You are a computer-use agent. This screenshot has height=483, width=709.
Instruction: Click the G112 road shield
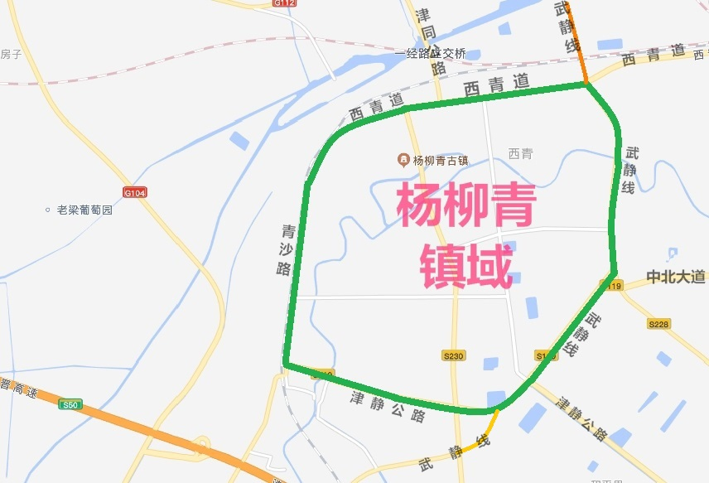(284, 3)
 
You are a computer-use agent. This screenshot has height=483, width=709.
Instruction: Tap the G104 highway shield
(134, 192)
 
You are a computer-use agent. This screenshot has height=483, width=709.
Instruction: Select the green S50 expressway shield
(70, 405)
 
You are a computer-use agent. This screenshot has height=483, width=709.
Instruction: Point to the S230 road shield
(454, 355)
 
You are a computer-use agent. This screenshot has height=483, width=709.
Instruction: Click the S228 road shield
(659, 325)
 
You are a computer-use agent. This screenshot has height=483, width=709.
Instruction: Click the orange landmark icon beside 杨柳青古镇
(403, 158)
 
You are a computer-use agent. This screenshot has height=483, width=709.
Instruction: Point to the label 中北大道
(676, 276)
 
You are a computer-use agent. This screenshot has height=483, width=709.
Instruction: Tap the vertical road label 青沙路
(287, 249)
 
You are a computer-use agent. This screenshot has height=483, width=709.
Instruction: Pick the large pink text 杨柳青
(465, 205)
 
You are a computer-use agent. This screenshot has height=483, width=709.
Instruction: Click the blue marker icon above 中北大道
(673, 254)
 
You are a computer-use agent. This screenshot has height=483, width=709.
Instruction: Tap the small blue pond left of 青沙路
(239, 141)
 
